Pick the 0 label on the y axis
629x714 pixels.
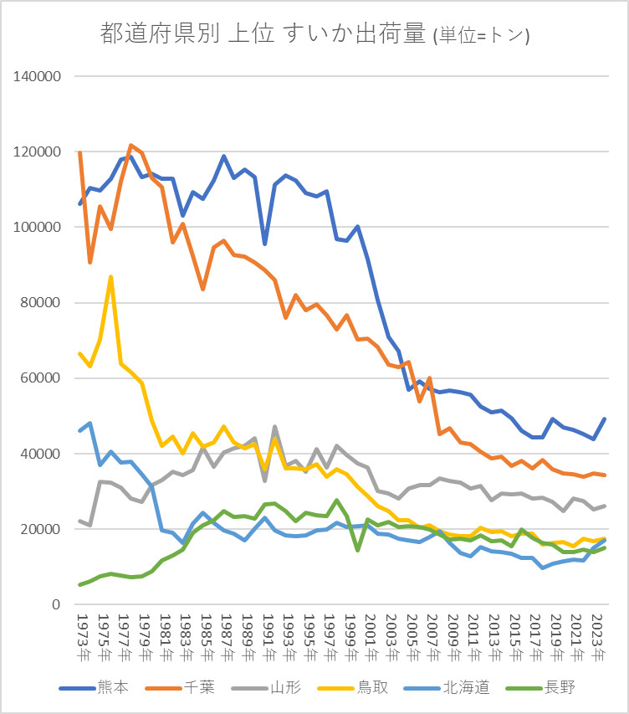pyautogui.click(x=57, y=604)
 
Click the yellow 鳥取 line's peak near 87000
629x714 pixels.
pyautogui.click(x=110, y=276)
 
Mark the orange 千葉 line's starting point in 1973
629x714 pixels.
pyautogui.click(x=79, y=152)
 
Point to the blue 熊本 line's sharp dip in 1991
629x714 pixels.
pyautogui.click(x=264, y=244)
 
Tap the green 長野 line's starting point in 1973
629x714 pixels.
pyautogui.click(x=79, y=584)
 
